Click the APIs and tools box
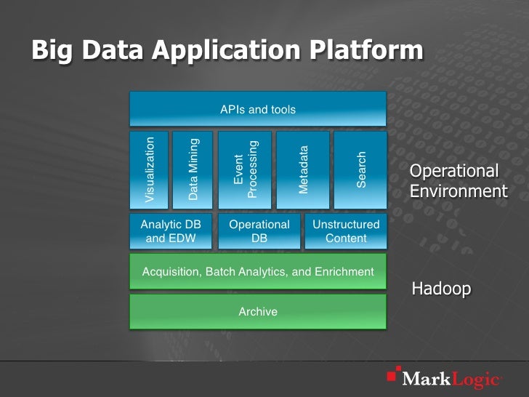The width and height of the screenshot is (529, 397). click(257, 110)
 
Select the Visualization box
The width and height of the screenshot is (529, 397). click(149, 169)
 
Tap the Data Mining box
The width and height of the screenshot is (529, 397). click(193, 169)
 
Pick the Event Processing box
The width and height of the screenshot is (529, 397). click(245, 169)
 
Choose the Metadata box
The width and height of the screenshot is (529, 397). click(303, 169)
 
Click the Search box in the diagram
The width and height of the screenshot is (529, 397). click(360, 169)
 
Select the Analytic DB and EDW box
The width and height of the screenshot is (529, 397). click(171, 231)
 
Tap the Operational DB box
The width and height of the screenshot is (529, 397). click(259, 231)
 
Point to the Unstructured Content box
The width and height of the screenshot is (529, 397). click(346, 231)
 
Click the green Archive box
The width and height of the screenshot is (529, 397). click(257, 311)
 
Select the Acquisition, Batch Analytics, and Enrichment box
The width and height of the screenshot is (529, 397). click(257, 272)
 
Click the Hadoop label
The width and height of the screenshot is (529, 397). click(441, 289)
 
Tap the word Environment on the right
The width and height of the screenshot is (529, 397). click(459, 191)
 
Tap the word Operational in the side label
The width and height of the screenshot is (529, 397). click(454, 171)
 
